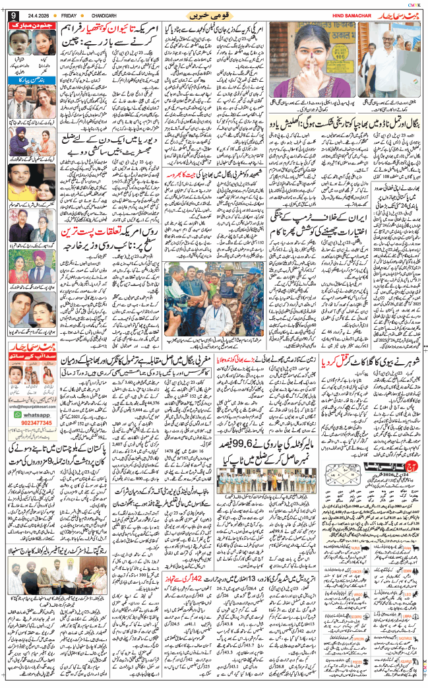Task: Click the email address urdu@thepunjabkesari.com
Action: pos(38,406)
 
